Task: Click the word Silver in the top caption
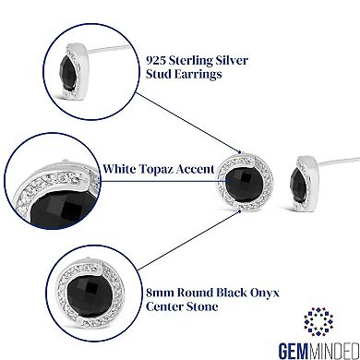[x=246, y=58]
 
